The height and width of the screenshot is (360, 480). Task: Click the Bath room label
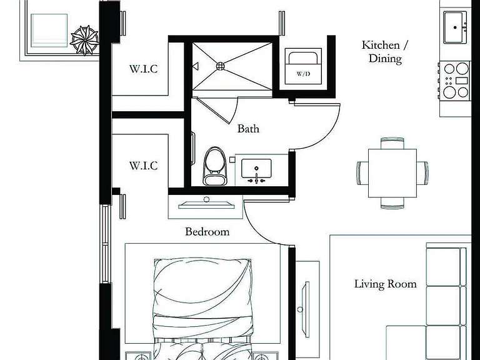click(248, 129)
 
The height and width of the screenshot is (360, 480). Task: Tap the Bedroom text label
click(207, 231)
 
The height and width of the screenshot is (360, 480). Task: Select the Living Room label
click(386, 284)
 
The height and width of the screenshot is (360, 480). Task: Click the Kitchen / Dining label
click(385, 51)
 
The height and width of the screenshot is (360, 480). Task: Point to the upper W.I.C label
click(144, 69)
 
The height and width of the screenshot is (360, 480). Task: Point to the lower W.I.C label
click(144, 166)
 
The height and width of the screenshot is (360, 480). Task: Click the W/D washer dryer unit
click(303, 66)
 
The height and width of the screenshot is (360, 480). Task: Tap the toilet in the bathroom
click(215, 166)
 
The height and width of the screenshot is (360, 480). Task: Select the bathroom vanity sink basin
click(256, 168)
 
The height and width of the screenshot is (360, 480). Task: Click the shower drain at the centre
click(221, 66)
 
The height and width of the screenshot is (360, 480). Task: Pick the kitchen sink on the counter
click(455, 27)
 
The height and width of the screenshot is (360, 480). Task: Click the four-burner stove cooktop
click(454, 81)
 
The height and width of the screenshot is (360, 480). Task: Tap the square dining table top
click(392, 173)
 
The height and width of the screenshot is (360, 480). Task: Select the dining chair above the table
click(392, 143)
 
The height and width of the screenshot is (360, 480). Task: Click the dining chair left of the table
click(362, 173)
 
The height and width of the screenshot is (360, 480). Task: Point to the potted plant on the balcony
click(85, 40)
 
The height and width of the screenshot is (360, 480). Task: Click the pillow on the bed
click(202, 287)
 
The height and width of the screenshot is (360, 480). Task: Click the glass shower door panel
click(216, 109)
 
